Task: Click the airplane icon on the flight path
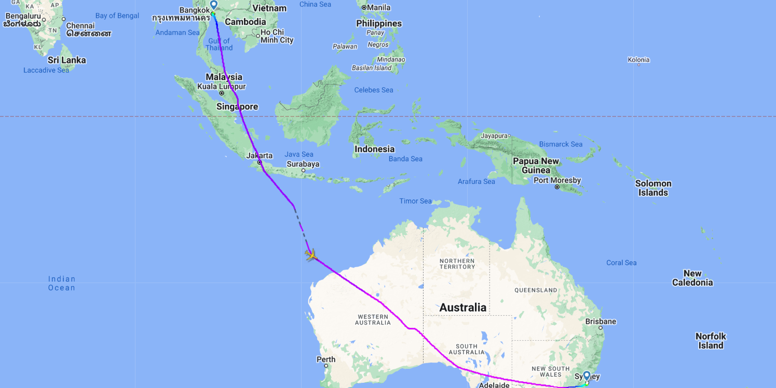click(311, 255)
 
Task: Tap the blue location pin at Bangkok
click(213, 5)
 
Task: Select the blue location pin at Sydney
click(587, 376)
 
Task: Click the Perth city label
click(326, 359)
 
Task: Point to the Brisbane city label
click(600, 322)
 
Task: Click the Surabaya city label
click(303, 164)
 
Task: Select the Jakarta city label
click(260, 155)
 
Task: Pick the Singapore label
click(238, 106)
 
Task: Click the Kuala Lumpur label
click(222, 87)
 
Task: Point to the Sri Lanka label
click(67, 60)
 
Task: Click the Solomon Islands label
click(653, 188)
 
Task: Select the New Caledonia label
click(692, 278)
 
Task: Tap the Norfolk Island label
click(711, 341)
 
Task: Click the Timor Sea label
click(415, 201)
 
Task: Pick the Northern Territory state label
click(457, 263)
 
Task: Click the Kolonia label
click(638, 60)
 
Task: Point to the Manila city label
click(379, 7)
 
